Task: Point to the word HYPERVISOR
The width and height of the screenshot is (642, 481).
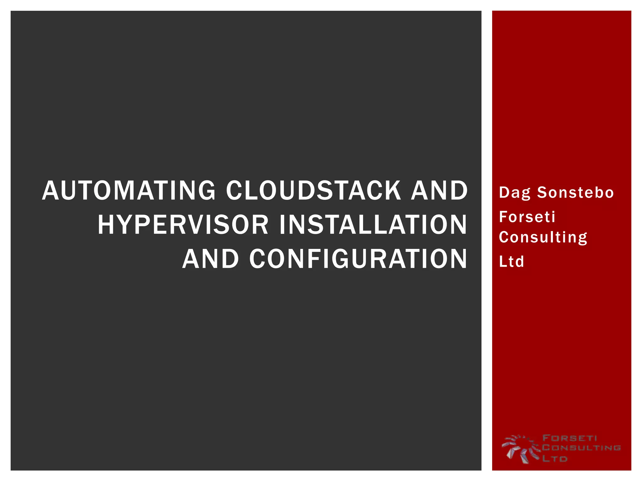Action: [x=183, y=225]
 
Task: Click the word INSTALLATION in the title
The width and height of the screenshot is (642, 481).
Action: [x=373, y=225]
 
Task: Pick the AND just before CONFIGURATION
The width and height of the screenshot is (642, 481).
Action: [x=211, y=259]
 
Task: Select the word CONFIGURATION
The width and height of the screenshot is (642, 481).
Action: [x=358, y=259]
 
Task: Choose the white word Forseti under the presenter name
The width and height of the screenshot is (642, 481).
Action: [x=527, y=217]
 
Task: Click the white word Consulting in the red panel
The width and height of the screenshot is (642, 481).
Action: [x=543, y=237]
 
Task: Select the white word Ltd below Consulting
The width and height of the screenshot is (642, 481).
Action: [x=511, y=261]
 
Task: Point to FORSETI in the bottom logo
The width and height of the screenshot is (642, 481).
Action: [x=570, y=438]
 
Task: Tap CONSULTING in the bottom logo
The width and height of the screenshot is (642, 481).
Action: [x=581, y=448]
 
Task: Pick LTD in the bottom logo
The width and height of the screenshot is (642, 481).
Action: [x=555, y=459]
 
